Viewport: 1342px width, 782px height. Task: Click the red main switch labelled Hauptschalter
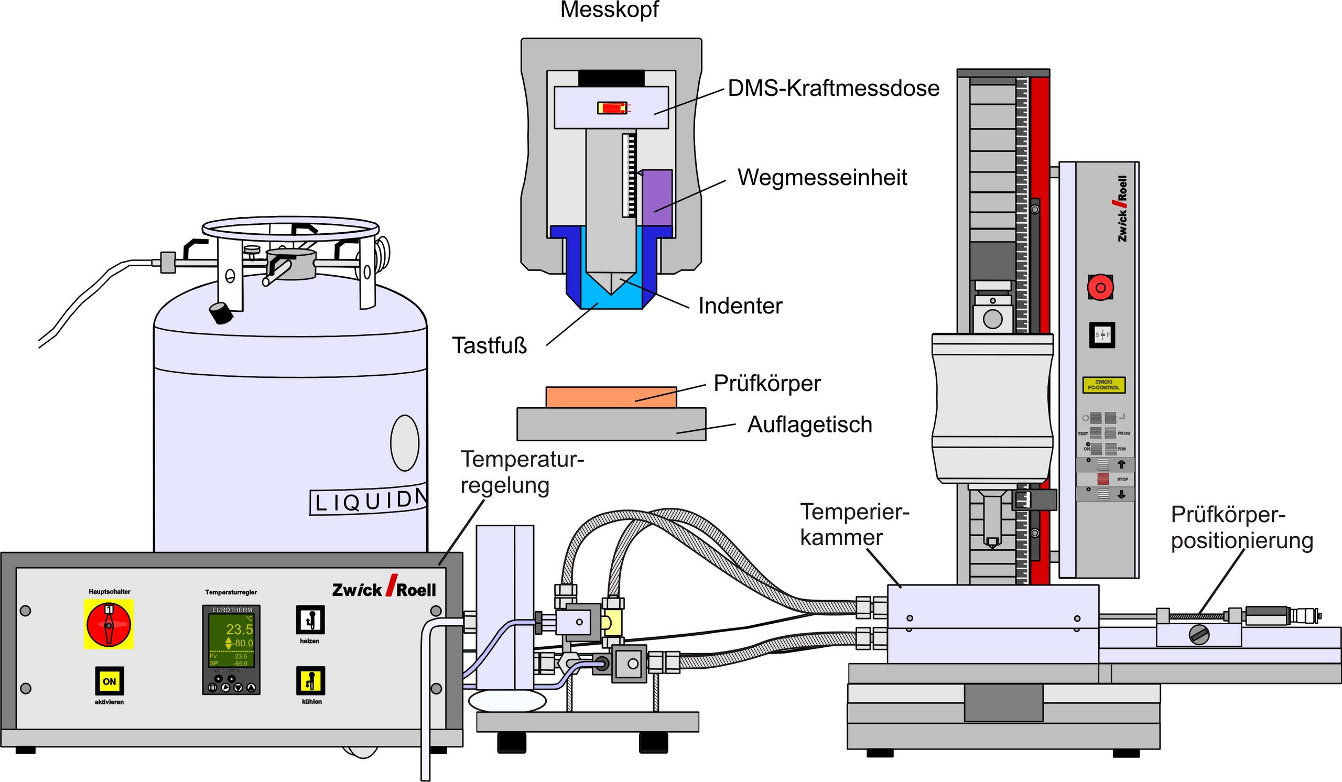[x=109, y=624]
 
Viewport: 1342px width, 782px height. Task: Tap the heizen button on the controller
[x=310, y=620]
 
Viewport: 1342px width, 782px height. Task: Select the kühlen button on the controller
[x=310, y=681]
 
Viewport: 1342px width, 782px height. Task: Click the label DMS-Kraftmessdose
[x=834, y=89]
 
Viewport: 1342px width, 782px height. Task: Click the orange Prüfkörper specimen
[x=611, y=397]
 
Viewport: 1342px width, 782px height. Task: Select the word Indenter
[x=740, y=306]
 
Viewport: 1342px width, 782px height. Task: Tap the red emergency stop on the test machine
[x=1100, y=288]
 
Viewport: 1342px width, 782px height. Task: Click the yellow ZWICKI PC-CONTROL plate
[x=1103, y=385]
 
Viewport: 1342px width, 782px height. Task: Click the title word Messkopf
[x=609, y=9]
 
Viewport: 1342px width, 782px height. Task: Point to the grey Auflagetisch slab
[x=611, y=424]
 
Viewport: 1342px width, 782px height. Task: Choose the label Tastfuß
[x=490, y=346]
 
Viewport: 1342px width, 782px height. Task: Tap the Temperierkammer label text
[x=853, y=524]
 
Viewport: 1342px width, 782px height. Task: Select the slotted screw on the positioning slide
[x=1198, y=635]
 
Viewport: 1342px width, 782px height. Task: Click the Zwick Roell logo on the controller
[x=383, y=589]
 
